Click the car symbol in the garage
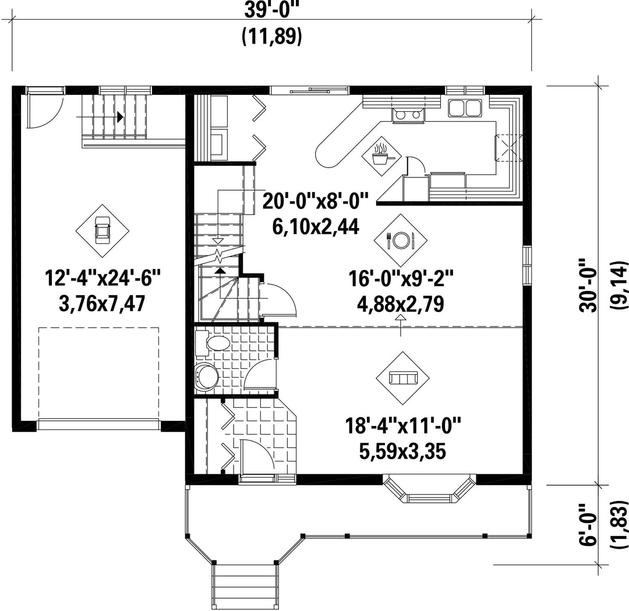tap(103, 230)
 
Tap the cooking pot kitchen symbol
tap(381, 156)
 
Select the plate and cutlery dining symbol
tap(400, 240)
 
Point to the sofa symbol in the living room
tap(403, 378)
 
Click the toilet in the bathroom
tap(213, 343)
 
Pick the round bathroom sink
tap(207, 376)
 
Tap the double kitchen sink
tap(465, 108)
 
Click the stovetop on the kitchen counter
tap(406, 115)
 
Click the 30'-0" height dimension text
tap(588, 285)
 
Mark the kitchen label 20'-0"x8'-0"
tap(315, 201)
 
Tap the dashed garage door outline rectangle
tap(98, 374)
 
